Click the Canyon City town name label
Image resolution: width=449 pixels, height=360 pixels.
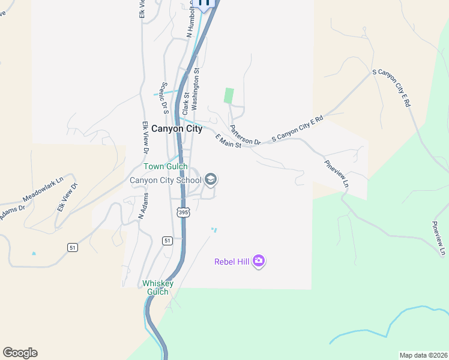point(177,128)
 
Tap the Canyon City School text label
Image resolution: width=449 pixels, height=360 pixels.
point(166,179)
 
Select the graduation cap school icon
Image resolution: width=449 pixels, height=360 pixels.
point(211,179)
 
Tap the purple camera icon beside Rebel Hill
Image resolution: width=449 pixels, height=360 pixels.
point(259,261)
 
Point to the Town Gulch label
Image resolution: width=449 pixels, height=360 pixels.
point(165,167)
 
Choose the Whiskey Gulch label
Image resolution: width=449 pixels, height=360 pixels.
point(158,287)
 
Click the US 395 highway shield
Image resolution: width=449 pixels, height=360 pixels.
point(182,213)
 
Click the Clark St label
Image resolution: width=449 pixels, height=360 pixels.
point(186,103)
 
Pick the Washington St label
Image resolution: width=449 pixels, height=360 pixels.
point(196,89)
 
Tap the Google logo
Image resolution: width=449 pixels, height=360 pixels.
point(20,352)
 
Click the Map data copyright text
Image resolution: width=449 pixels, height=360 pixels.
point(423,355)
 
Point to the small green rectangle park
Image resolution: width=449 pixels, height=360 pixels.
point(229,95)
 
